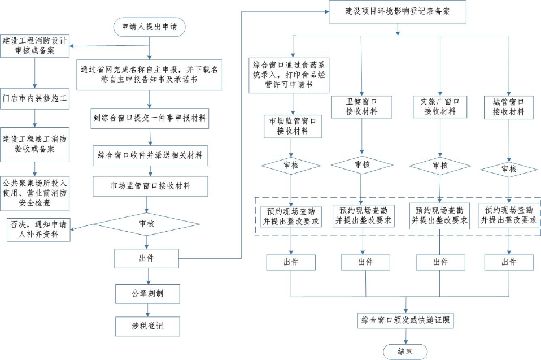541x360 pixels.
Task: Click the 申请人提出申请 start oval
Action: (150, 27)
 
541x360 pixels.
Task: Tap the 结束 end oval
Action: (405, 351)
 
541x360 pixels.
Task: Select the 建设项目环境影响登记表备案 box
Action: (398, 11)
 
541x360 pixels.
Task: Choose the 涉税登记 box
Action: (148, 326)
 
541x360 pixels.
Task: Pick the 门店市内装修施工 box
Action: (35, 98)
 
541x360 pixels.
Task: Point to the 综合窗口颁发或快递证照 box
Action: (405, 320)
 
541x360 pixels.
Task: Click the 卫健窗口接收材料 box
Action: (361, 107)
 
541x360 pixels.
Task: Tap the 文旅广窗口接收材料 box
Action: (440, 107)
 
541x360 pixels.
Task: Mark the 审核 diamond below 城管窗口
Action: (509, 169)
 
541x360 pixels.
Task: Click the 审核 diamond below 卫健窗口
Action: (361, 164)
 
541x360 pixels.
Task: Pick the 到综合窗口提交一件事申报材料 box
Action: (150, 119)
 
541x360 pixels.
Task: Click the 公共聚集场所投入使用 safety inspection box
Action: (35, 192)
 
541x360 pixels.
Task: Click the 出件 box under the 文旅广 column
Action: (440, 262)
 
